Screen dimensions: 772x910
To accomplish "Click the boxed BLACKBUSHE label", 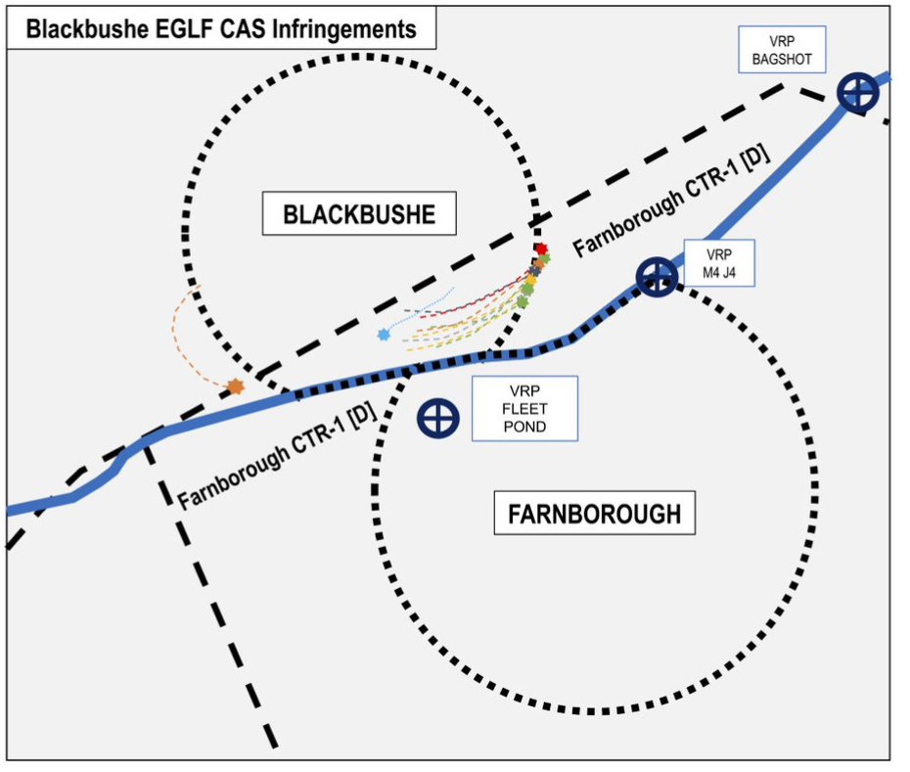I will pyautogui.click(x=359, y=214).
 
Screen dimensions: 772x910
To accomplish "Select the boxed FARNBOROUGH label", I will pyautogui.click(x=594, y=513).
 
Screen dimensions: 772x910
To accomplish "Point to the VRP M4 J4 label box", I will pyautogui.click(x=719, y=263).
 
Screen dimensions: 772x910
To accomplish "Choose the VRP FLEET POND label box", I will pyautogui.click(x=524, y=408).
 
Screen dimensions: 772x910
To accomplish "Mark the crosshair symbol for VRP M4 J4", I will pyautogui.click(x=656, y=277).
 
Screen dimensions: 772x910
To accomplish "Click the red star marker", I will pyautogui.click(x=540, y=249).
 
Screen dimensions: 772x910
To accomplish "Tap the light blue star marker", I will pyautogui.click(x=384, y=335).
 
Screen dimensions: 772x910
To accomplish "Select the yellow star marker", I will pyautogui.click(x=530, y=280).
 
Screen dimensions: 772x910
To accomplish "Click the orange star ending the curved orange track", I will pyautogui.click(x=235, y=386).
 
